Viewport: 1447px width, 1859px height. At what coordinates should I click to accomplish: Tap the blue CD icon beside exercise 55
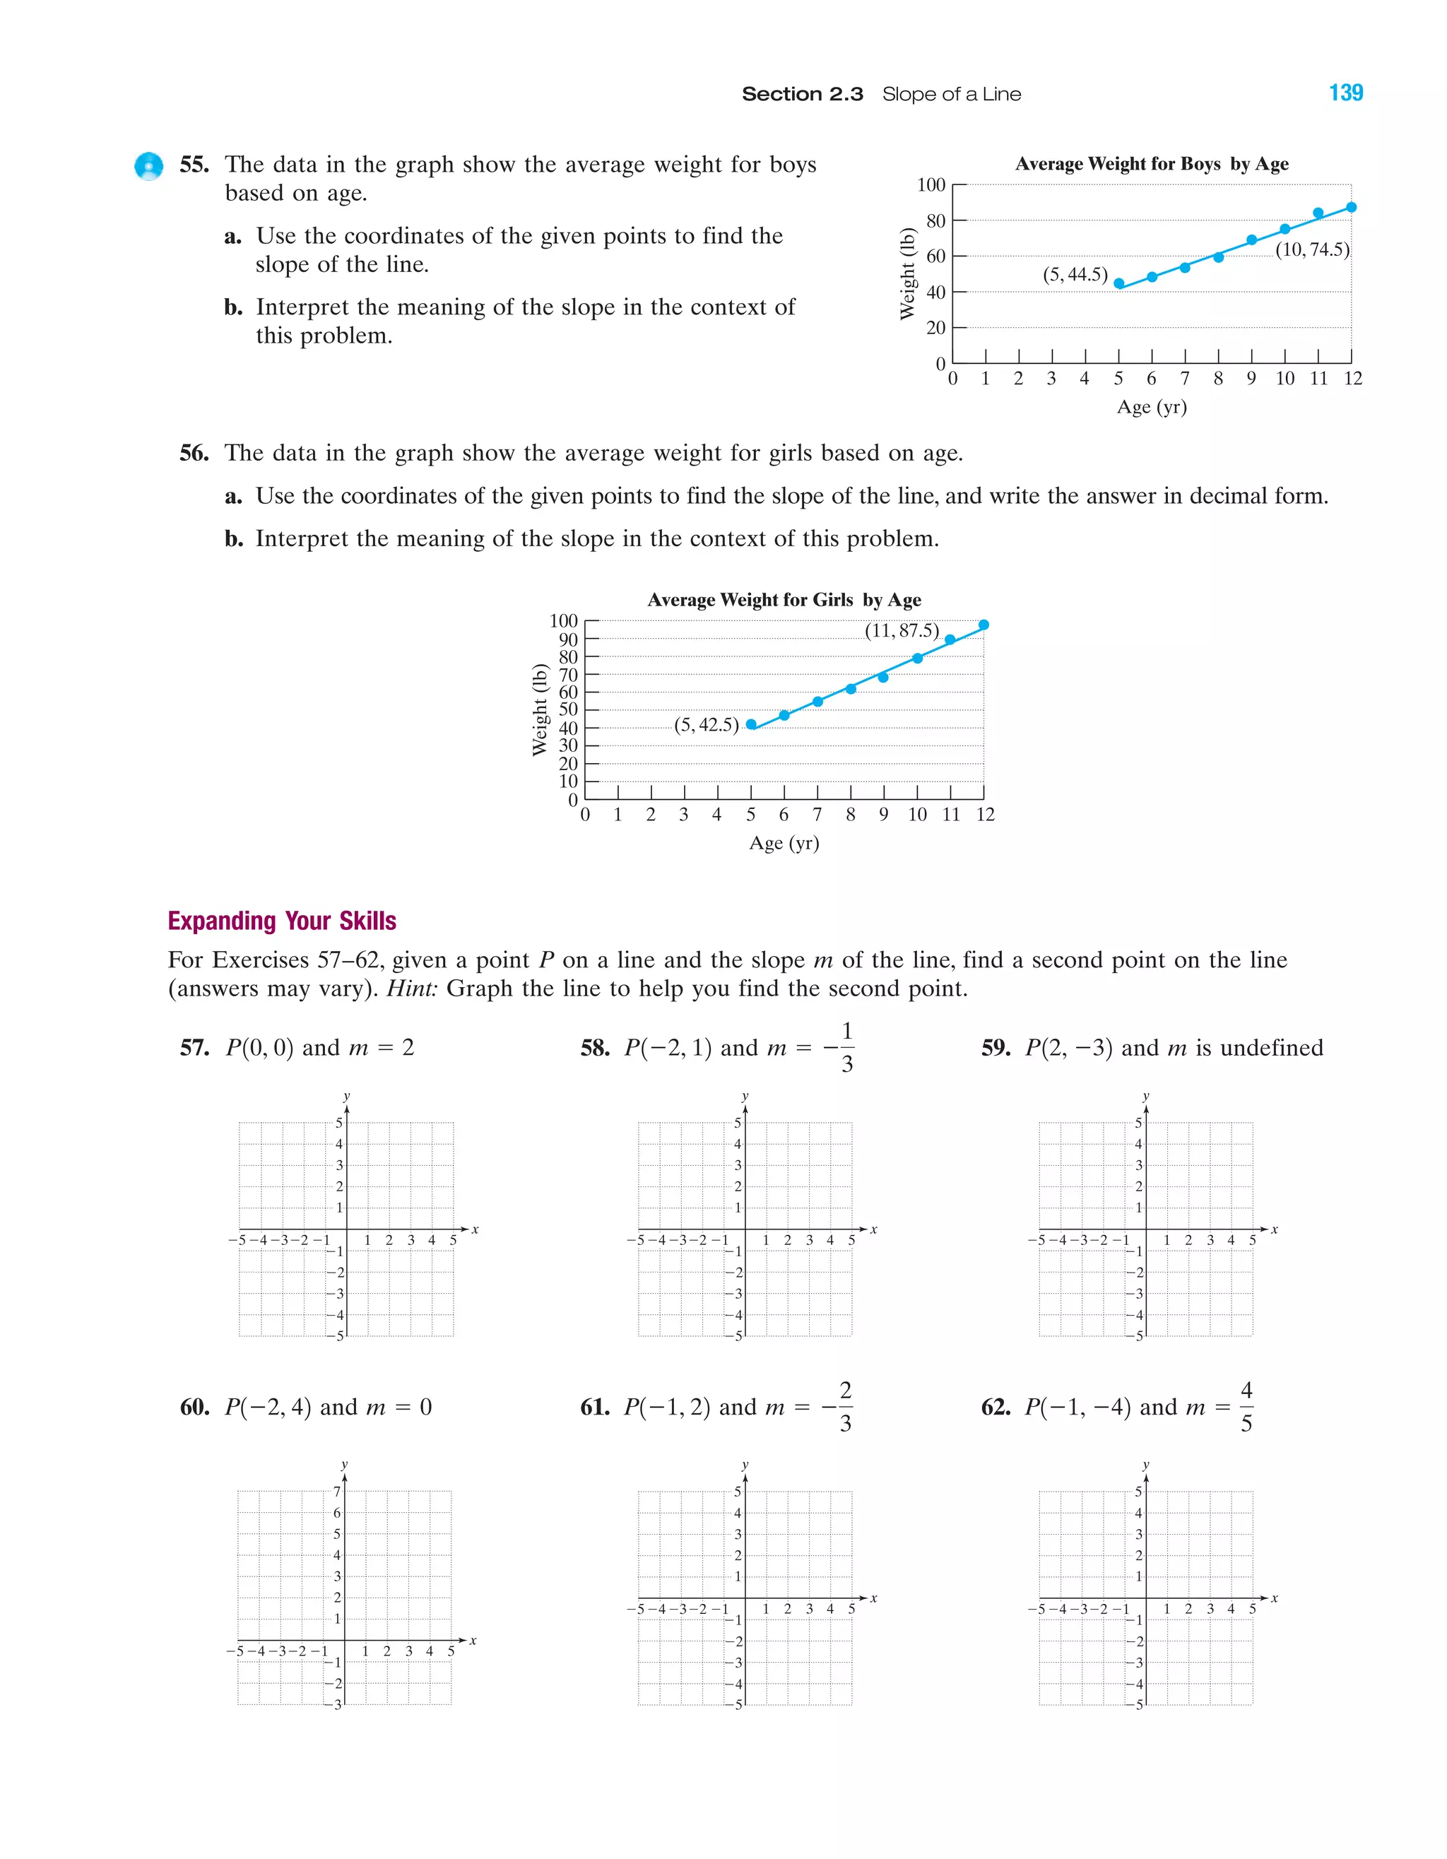(x=149, y=166)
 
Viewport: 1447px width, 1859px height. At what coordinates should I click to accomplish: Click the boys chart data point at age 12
(x=1351, y=207)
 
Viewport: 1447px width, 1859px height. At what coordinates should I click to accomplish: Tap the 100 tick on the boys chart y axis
(x=931, y=184)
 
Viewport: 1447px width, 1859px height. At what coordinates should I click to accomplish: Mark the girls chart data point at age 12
(x=984, y=625)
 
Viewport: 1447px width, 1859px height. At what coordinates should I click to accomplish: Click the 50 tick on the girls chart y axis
(x=568, y=709)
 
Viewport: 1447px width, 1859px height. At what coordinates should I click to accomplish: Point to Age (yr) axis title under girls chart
(x=784, y=843)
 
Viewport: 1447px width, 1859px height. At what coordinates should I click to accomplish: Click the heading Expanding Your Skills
(x=282, y=921)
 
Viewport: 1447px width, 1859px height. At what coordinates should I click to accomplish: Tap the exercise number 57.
(x=194, y=1048)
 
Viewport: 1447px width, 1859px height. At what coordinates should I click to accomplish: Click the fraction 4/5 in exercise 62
(x=1246, y=1407)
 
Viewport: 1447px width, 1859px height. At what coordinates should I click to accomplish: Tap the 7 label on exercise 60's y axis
(x=337, y=1492)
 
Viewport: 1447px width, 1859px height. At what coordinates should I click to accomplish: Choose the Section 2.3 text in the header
(x=802, y=95)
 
